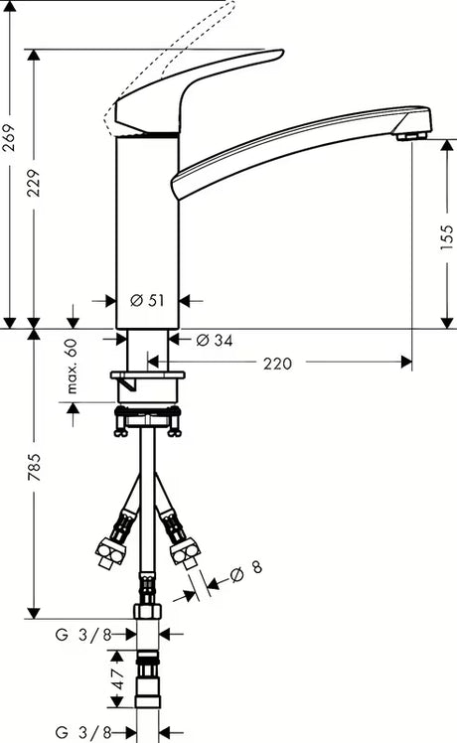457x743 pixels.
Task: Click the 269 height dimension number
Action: click(9, 137)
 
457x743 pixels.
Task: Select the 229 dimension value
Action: click(34, 183)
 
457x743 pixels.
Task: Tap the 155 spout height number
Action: click(447, 237)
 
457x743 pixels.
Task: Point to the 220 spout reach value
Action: click(277, 364)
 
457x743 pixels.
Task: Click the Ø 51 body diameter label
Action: click(147, 300)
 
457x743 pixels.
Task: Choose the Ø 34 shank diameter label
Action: click(215, 340)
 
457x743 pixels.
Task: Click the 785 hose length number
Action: click(34, 467)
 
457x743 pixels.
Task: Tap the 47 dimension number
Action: click(118, 678)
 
